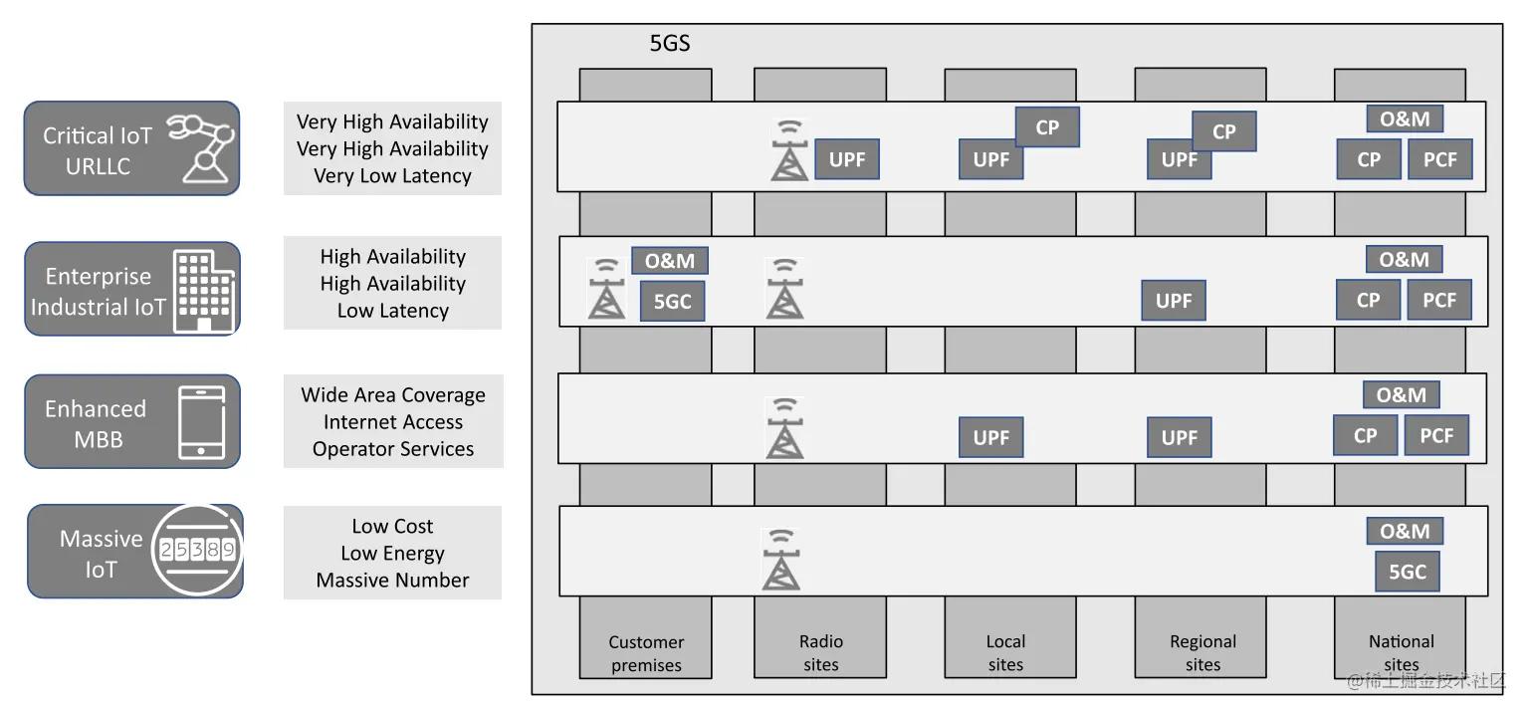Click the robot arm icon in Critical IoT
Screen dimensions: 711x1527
tap(204, 147)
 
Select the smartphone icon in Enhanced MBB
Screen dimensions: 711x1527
tap(202, 422)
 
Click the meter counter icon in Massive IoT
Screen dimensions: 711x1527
tap(197, 550)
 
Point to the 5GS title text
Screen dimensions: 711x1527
tap(670, 44)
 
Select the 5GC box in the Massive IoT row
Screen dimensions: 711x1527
tap(1408, 572)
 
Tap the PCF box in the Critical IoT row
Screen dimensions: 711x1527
tap(1439, 159)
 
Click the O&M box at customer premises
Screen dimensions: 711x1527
tap(670, 261)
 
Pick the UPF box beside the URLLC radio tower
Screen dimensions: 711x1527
tap(847, 159)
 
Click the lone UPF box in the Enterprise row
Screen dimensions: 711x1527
tap(1174, 301)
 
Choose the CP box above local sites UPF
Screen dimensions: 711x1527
tap(1047, 127)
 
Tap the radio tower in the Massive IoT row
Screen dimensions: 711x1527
tap(781, 560)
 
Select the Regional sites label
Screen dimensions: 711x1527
tap(1202, 653)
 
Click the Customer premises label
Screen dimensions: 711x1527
tap(646, 653)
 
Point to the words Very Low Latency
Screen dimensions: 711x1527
tap(392, 175)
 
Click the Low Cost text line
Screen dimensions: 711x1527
tap(392, 526)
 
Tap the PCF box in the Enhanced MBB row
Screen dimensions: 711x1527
tap(1436, 435)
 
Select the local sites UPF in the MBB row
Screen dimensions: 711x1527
tap(991, 437)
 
